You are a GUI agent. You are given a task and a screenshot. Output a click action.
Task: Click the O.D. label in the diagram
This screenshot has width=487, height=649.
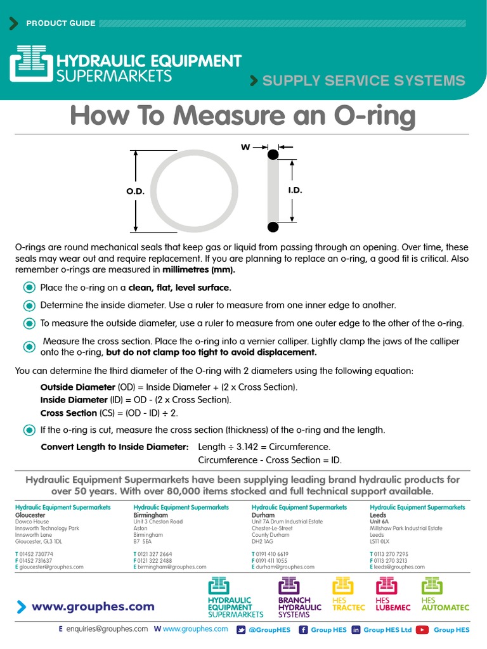click(135, 191)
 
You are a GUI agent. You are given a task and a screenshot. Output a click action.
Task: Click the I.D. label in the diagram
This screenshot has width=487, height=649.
click(295, 190)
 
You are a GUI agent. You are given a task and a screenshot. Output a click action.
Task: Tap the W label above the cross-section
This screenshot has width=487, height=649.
click(245, 147)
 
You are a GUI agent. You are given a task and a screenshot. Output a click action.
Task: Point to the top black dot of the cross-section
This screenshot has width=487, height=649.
click(273, 154)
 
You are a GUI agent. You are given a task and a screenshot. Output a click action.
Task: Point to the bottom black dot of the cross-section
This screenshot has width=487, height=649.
click(273, 227)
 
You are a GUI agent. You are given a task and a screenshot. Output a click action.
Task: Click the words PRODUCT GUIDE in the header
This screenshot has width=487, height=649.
click(61, 23)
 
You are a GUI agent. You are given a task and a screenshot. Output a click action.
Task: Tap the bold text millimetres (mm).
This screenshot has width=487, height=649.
click(198, 269)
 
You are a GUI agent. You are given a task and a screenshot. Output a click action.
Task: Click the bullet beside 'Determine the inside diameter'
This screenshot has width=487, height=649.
click(29, 305)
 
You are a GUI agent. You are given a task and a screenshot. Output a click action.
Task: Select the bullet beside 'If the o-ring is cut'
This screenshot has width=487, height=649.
click(29, 430)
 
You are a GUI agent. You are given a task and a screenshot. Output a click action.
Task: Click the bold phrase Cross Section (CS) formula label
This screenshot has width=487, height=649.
click(69, 413)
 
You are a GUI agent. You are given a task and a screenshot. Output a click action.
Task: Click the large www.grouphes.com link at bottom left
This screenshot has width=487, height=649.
click(93, 607)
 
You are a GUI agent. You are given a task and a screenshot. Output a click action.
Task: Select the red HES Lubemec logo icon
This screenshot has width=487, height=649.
click(386, 586)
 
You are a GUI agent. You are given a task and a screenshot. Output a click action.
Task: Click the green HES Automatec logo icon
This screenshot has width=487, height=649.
click(431, 586)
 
